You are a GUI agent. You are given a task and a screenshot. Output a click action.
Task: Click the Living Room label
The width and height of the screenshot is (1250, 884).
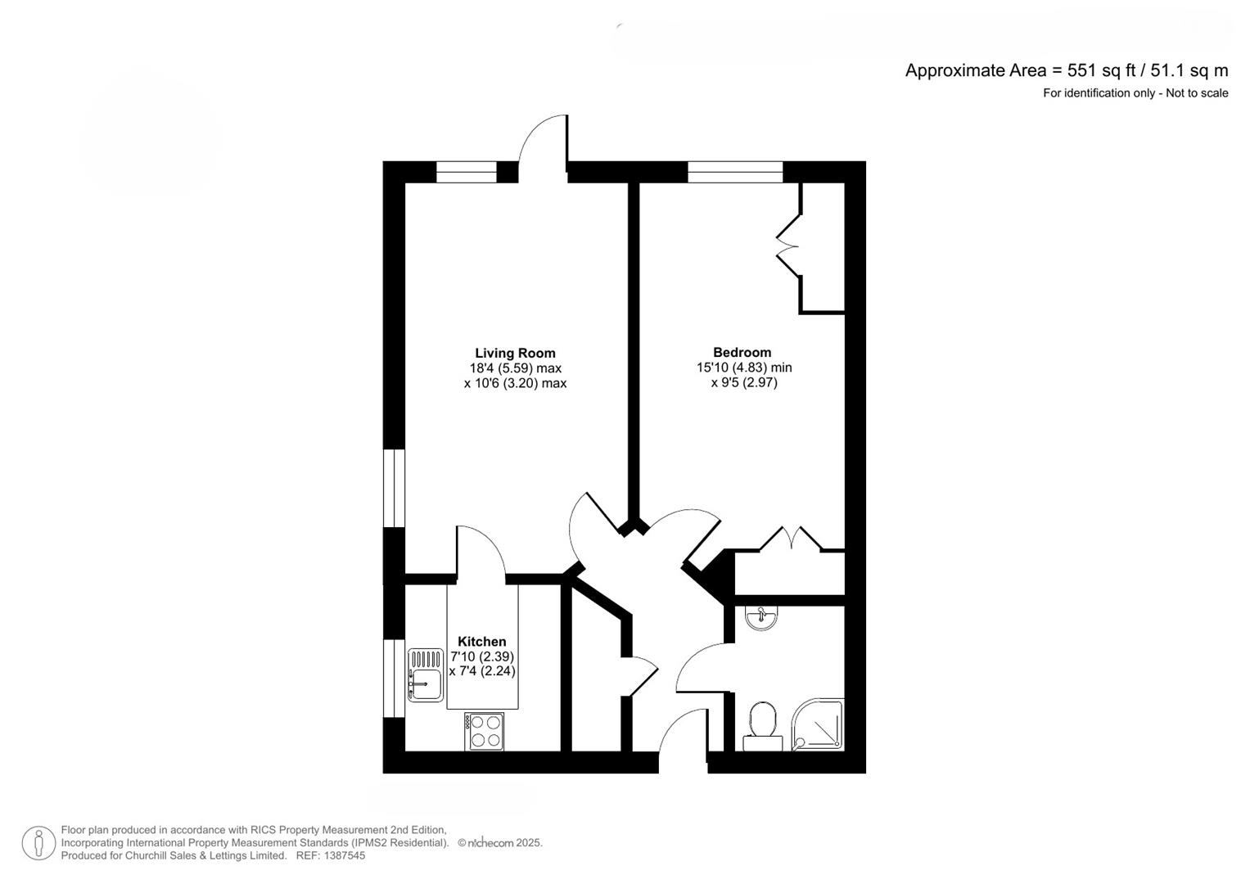[515, 354]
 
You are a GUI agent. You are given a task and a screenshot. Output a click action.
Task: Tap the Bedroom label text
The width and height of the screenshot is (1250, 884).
[742, 352]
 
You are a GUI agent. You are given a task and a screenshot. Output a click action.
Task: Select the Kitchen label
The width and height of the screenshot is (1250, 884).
[482, 641]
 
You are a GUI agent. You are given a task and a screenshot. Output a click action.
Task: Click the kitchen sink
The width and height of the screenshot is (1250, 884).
[425, 674]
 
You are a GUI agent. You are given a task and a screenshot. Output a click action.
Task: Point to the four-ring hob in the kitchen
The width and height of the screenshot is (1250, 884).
[484, 731]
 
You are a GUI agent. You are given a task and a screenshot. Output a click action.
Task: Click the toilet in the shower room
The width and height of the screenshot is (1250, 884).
[763, 726]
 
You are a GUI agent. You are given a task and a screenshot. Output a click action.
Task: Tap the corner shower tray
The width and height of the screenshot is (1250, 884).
[818, 724]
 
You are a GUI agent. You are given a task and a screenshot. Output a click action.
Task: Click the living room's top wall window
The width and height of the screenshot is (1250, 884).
[466, 172]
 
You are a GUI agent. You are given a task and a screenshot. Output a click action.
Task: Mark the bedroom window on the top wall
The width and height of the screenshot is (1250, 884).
[735, 172]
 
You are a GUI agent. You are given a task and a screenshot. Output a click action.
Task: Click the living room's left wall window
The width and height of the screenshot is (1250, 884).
[394, 488]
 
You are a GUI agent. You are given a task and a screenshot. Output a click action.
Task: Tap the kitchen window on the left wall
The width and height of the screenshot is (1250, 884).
[394, 678]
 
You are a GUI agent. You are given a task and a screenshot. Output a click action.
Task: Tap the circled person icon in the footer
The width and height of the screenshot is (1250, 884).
[38, 843]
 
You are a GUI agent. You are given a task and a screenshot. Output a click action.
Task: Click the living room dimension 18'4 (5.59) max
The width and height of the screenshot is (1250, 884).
[515, 368]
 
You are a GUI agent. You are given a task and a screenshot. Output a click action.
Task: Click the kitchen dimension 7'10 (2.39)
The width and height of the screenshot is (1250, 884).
[482, 656]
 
